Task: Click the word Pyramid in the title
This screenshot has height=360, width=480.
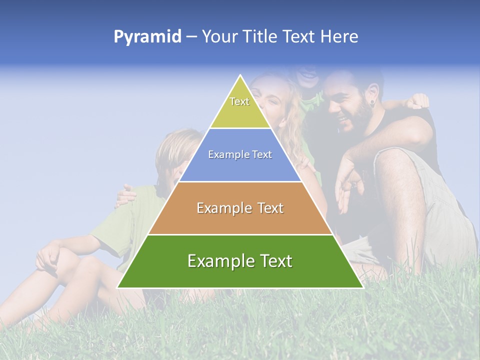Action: pyautogui.click(x=147, y=37)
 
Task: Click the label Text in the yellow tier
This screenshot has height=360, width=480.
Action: pyautogui.click(x=239, y=101)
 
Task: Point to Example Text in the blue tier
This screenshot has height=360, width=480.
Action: pyautogui.click(x=240, y=154)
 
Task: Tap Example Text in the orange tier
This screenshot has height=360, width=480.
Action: pyautogui.click(x=240, y=208)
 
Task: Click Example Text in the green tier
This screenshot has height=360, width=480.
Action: pyautogui.click(x=240, y=261)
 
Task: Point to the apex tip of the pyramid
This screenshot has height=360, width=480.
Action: pyautogui.click(x=240, y=76)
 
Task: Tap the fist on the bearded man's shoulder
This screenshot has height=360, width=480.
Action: pyautogui.click(x=417, y=101)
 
